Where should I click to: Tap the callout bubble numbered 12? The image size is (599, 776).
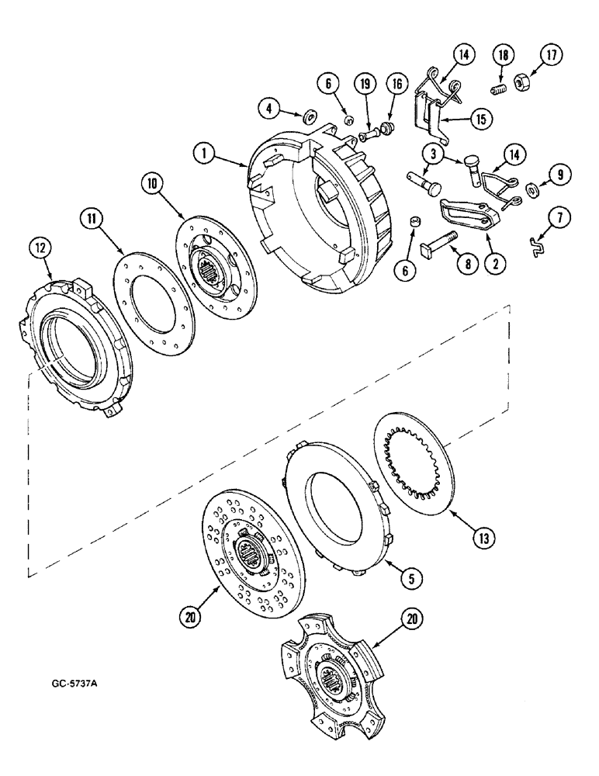[40, 248]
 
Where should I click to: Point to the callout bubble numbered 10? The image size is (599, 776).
[153, 185]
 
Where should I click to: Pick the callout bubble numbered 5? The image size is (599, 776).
[409, 576]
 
